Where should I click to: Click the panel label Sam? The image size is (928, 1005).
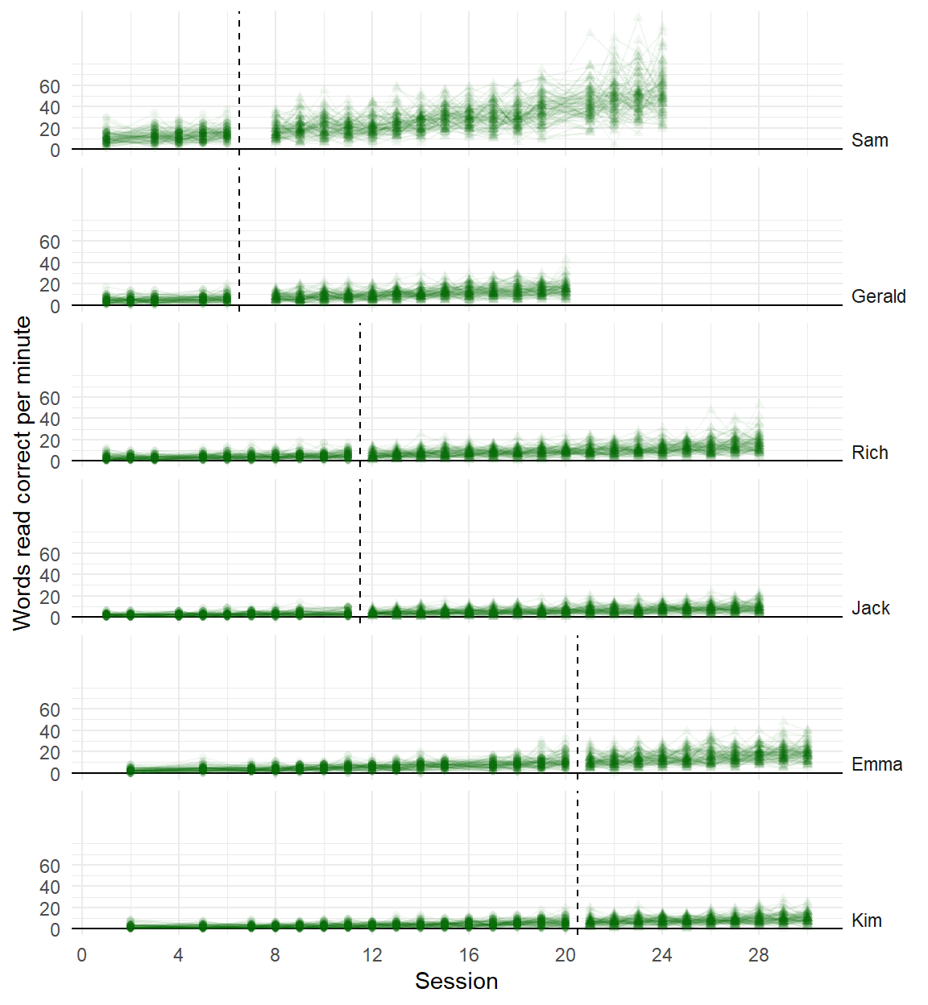869,140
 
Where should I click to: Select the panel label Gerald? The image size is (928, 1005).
878,296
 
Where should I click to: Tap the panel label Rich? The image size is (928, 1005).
869,453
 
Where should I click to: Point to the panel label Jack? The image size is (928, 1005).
870,608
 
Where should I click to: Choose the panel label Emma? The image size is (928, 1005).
876,764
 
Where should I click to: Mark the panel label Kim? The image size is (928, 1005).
866,920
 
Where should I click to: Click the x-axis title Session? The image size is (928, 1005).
456,981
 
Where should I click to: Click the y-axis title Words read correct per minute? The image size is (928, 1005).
22,473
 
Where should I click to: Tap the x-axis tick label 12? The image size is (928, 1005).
372,955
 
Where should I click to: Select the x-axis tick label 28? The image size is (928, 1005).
759,955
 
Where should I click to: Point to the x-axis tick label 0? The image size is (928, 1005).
81,955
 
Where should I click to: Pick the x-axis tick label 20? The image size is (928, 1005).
565,955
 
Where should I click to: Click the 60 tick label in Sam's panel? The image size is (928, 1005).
50,86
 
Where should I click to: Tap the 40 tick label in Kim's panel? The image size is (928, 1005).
50,887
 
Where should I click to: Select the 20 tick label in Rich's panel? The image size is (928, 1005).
50,440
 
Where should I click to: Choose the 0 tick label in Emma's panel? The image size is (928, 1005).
55,775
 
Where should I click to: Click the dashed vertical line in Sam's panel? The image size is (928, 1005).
239,81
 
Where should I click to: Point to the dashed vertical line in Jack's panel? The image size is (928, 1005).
360,548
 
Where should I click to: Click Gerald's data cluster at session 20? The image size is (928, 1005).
565,287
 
